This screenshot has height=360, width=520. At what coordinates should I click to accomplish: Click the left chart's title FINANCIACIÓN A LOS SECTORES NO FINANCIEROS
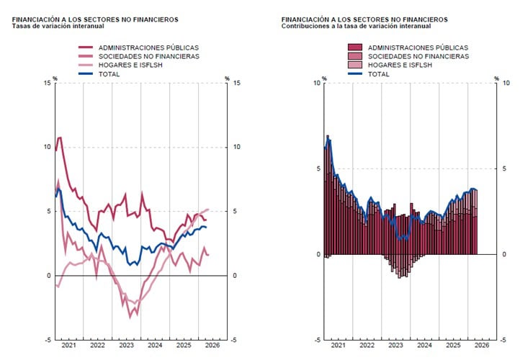coord(95,19)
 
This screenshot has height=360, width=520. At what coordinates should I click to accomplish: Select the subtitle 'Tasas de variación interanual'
coord(58,26)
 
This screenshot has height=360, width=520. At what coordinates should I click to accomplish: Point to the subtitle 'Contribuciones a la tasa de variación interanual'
coord(357,26)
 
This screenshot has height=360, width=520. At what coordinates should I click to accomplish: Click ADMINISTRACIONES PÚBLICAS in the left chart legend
coord(148,48)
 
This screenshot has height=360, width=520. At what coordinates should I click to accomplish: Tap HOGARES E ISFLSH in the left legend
coord(130,65)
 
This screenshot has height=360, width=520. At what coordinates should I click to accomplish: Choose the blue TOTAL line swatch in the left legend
coord(86,73)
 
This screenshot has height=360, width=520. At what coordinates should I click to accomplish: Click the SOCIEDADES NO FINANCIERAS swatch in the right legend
coord(355,56)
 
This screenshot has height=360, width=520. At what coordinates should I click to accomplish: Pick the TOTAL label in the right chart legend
coord(378,74)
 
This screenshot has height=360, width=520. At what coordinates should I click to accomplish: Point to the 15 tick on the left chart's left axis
coord(48,83)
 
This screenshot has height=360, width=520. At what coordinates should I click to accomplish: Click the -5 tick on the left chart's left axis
coord(48,340)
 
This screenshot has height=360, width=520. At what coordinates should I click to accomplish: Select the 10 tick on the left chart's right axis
coord(236,147)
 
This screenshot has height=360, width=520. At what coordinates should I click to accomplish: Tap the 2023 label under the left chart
coord(126,346)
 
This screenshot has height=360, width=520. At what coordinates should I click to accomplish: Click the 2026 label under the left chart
coord(212,346)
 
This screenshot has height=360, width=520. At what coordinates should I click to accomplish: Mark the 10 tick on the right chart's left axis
coord(317,83)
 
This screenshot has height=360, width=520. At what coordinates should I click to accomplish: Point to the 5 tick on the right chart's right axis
coord(504,168)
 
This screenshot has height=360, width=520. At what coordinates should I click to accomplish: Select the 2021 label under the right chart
coord(338,346)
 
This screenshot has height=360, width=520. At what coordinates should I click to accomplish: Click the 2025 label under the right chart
coord(453,346)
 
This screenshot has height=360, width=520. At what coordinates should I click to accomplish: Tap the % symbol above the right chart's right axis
coord(496,79)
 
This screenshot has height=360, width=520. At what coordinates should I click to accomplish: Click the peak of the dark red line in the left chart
coord(60,138)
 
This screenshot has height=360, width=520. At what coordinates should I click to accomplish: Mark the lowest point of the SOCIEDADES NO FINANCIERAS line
coord(130,318)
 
